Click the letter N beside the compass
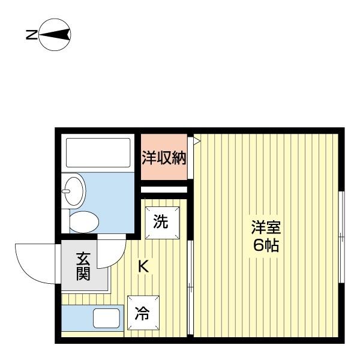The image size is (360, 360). click(x=31, y=35)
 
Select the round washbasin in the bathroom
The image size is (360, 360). click(x=75, y=190)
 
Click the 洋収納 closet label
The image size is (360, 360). click(x=164, y=158)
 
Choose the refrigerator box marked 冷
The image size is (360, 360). click(x=143, y=313)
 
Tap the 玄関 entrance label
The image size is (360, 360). click(x=83, y=267)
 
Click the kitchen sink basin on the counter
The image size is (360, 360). click(x=106, y=318)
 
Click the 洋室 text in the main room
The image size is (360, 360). click(x=265, y=228)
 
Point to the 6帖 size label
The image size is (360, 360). click(x=265, y=245)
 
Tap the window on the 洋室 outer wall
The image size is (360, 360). click(x=341, y=237)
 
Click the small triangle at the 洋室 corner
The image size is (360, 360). click(x=196, y=141)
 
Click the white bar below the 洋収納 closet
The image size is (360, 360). click(x=164, y=190)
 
